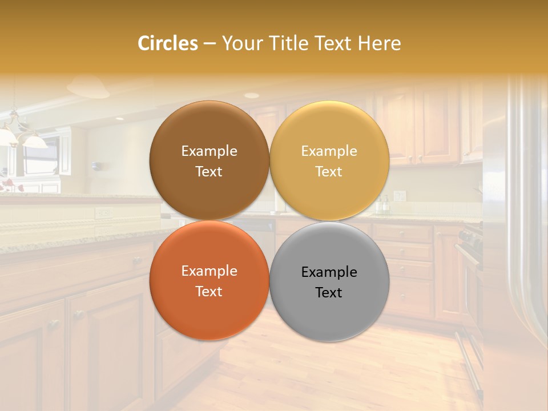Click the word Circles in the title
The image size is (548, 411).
[x=168, y=43]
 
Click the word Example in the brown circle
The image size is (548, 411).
[x=209, y=151]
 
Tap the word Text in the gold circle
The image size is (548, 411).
[x=329, y=172]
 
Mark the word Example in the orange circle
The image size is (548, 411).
[x=209, y=271]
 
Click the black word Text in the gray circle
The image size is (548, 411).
[x=329, y=293]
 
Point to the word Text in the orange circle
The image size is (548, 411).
[x=209, y=292]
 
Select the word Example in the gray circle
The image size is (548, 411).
[x=329, y=272]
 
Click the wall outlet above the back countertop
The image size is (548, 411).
[x=400, y=196]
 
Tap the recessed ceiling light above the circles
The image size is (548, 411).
[x=251, y=95]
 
